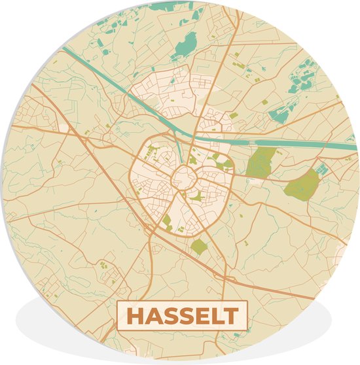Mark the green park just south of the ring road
click(199, 247)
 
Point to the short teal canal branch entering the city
click(179, 150)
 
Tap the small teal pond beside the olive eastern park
click(321, 169)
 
